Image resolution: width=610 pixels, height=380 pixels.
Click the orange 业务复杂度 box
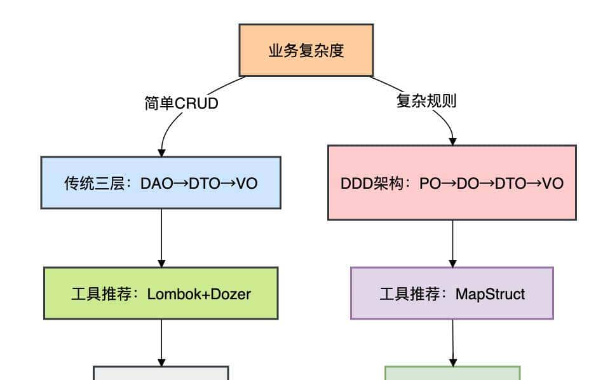306,51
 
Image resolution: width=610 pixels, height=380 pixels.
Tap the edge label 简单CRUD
181,104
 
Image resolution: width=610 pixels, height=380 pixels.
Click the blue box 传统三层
161,183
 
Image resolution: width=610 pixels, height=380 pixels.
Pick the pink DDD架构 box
452,183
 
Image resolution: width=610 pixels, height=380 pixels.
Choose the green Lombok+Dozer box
161,294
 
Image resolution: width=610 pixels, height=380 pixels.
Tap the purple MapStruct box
452,294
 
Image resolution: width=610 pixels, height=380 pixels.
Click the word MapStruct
490,294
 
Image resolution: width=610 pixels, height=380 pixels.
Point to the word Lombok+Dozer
199,294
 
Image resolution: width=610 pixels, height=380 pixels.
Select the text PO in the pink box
430,184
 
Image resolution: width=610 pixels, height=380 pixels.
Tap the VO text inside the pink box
553,184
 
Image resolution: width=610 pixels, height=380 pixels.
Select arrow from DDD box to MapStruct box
452,243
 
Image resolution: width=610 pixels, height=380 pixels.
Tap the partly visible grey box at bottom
161,373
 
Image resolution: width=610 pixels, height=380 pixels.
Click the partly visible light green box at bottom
452,373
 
